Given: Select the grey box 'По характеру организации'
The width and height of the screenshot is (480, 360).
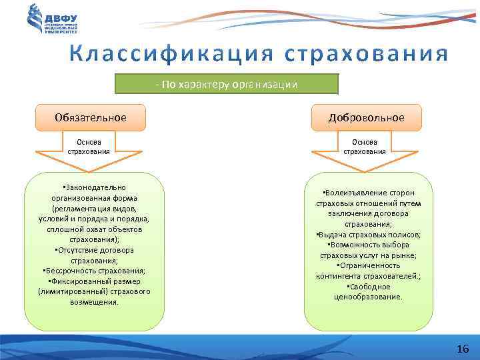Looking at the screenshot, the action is coord(227,85).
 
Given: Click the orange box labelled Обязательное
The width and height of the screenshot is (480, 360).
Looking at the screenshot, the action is coord(91,117).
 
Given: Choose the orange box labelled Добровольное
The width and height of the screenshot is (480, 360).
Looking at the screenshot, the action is coord(366,117).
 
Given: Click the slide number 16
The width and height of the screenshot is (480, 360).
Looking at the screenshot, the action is coord(463,349).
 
